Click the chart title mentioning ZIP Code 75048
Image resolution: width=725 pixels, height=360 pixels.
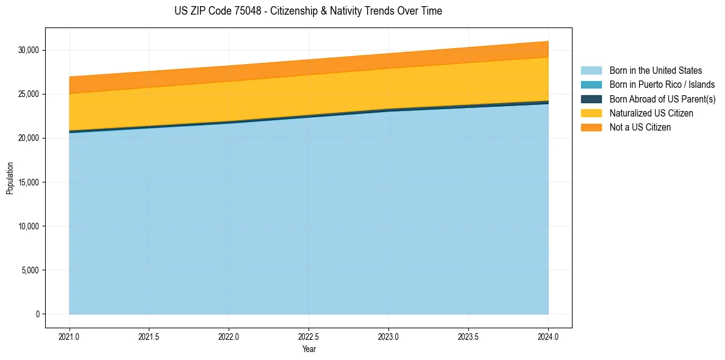(308, 11)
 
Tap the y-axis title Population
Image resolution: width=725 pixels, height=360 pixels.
(10, 178)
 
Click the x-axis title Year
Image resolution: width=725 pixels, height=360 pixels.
(309, 349)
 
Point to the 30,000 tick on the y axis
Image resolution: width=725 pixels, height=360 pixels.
(29, 50)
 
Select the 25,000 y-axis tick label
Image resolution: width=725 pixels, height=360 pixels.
(29, 94)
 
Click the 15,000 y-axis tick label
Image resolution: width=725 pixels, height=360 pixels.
(29, 182)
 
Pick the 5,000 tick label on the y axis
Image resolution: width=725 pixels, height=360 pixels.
(31, 270)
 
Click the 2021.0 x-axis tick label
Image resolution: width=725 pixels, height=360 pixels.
(70, 336)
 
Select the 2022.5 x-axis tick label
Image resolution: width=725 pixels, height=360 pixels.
(309, 336)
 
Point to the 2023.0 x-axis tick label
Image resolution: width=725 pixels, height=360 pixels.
(388, 336)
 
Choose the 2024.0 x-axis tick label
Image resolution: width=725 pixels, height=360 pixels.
(548, 336)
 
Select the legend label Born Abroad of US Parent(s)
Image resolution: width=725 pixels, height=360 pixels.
(662, 99)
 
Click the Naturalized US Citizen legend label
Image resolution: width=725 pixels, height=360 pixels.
(651, 113)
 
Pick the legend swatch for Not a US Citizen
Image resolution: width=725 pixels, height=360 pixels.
(591, 127)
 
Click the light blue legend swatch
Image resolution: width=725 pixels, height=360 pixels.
(591, 71)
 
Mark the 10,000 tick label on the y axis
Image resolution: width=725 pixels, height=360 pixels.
(29, 226)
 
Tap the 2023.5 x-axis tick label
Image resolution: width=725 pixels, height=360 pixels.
(468, 336)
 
